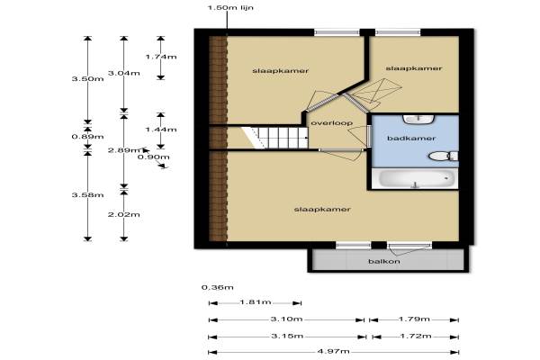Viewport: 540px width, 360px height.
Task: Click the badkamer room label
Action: tap(411, 138)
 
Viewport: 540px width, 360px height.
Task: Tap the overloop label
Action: tap(331, 123)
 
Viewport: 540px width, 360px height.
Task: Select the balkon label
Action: tap(384, 261)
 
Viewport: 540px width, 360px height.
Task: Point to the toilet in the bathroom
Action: tap(443, 156)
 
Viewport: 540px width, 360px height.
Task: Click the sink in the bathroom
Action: tap(418, 119)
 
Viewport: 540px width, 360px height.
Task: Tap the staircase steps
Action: tap(274, 138)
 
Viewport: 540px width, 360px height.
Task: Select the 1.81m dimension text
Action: tap(256, 302)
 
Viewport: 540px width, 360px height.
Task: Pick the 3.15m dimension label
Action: tap(287, 336)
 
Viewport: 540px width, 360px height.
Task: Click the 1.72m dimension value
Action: tap(415, 336)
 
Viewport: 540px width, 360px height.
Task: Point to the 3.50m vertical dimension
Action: tap(87, 78)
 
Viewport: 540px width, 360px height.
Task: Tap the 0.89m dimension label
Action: tap(87, 137)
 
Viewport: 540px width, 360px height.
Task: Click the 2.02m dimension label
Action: tap(123, 214)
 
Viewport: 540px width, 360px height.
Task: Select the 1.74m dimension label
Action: tap(161, 57)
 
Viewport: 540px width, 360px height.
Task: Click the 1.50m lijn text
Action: tap(230, 7)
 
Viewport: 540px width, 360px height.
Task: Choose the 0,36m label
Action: tap(217, 287)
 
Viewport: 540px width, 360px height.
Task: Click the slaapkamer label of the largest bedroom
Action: tap(322, 210)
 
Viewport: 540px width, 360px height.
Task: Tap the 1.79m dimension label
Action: tap(414, 319)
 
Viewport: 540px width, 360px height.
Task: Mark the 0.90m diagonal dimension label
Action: tap(153, 157)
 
